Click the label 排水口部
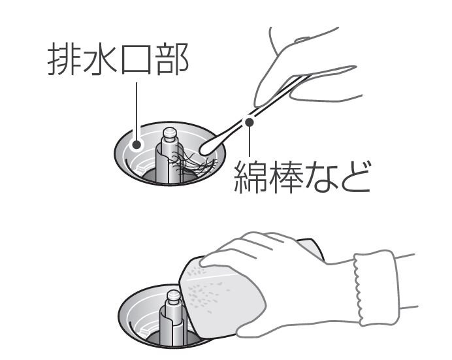(x=118, y=59)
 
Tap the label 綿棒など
(x=302, y=176)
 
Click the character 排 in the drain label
(x=64, y=59)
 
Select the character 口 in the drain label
(x=136, y=60)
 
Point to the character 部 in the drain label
(x=172, y=59)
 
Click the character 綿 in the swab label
(x=251, y=176)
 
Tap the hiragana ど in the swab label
(x=354, y=176)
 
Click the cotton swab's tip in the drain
(x=209, y=148)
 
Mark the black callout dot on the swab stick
(x=249, y=122)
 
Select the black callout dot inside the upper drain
(x=137, y=144)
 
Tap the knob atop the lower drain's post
(x=174, y=296)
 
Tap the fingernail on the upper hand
(x=302, y=39)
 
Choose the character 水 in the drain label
(x=100, y=59)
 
